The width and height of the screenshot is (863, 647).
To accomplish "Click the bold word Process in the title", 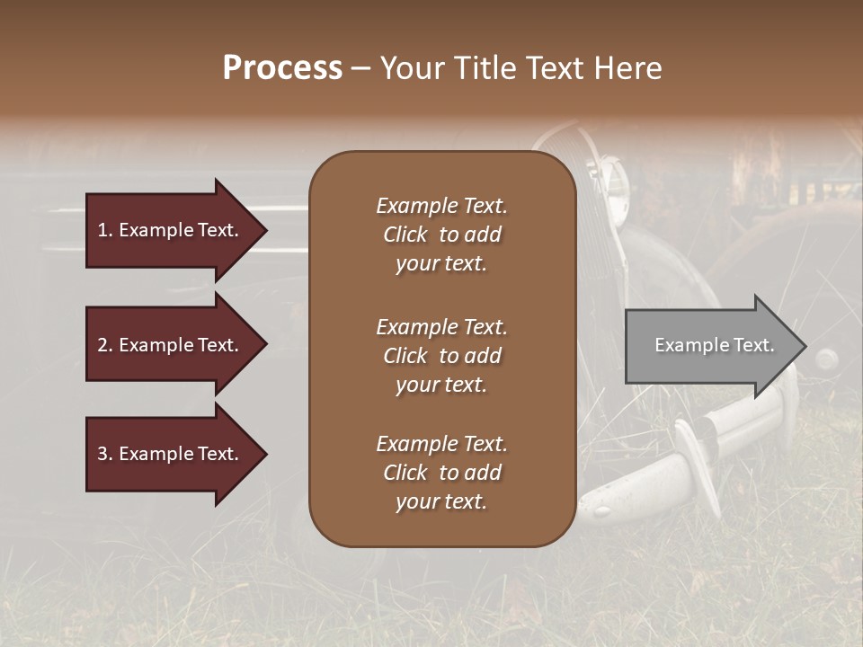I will (x=282, y=68).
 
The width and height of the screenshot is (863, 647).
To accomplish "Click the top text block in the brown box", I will (x=441, y=235).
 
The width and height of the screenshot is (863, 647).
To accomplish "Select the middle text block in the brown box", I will (x=441, y=356).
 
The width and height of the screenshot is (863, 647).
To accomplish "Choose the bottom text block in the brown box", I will (x=441, y=473).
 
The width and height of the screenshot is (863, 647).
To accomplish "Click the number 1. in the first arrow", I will (x=105, y=230).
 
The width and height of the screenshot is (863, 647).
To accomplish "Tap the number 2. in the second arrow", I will (x=105, y=345).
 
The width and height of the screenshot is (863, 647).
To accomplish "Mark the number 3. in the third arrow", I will (x=105, y=454).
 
